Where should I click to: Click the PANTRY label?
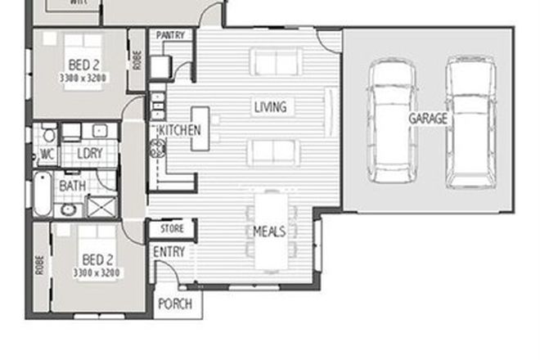coord(171,36)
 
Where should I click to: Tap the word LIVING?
coord(269,107)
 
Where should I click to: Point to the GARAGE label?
coord(428,119)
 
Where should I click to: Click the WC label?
coord(47,153)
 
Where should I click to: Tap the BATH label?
coord(72,187)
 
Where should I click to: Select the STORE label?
coord(172,229)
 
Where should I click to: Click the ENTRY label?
coord(169,252)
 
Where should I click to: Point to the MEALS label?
coord(269,232)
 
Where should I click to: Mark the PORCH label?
coord(174,304)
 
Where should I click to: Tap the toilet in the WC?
coord(48,134)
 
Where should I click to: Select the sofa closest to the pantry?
coord(276,61)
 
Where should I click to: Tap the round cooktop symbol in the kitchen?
coord(156,149)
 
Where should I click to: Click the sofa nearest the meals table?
coord(275,152)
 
